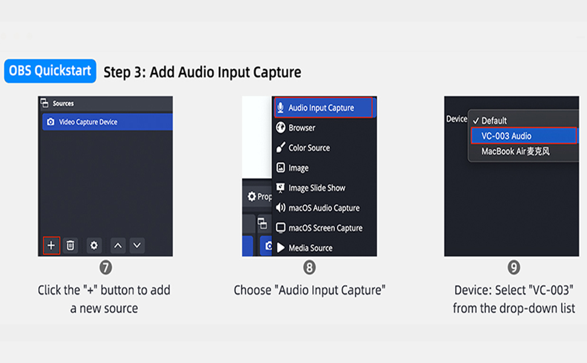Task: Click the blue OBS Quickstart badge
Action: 50,71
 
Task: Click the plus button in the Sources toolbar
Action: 51,246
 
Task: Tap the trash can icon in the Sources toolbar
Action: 70,246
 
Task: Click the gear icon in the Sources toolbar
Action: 94,246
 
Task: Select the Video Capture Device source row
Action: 108,122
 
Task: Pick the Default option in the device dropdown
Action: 490,120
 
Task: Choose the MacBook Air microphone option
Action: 516,152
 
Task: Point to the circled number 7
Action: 105,267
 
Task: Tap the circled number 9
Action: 514,267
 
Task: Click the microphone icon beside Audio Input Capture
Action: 280,108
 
